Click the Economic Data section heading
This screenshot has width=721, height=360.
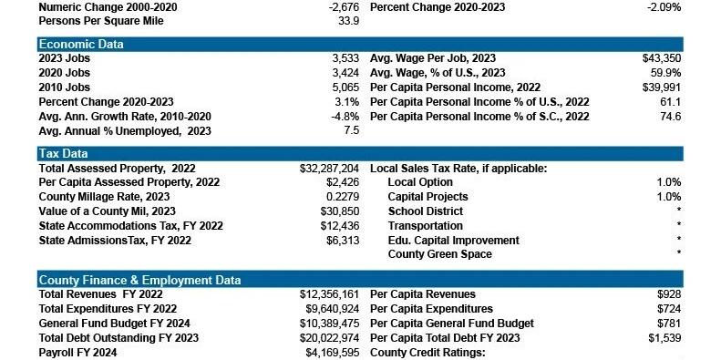tap(81, 44)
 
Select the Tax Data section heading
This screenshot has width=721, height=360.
tap(63, 153)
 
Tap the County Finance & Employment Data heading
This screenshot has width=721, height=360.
tap(139, 280)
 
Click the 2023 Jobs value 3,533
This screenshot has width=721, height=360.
tap(345, 58)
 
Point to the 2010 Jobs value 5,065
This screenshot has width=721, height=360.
tap(345, 87)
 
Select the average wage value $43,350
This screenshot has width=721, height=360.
tap(662, 58)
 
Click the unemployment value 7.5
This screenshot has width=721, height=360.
tap(351, 130)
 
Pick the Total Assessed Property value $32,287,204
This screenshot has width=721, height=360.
tap(329, 169)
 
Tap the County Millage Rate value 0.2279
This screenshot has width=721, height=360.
tap(343, 197)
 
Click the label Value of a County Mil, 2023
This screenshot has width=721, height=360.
tap(108, 211)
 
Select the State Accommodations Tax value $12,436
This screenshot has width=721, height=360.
tap(340, 226)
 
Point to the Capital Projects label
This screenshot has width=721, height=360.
tap(427, 197)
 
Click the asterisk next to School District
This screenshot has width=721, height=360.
tap(679, 211)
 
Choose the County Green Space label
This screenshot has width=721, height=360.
tap(439, 254)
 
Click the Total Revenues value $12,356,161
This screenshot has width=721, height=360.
tap(329, 294)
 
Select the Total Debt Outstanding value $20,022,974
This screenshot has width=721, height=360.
tap(329, 338)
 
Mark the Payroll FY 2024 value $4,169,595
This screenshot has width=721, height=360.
tap(333, 353)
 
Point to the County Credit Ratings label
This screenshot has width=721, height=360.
tap(427, 353)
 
